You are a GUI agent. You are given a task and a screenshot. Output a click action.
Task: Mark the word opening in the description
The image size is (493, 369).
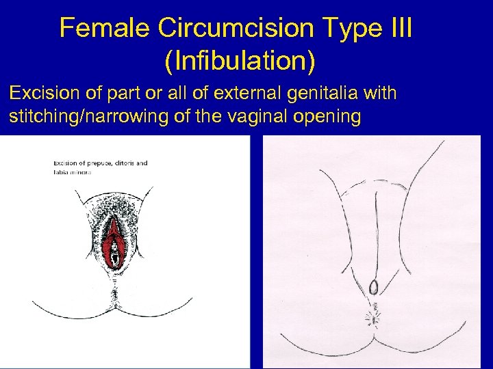[333, 116]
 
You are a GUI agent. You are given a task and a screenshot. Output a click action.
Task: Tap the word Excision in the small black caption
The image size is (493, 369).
[66, 163]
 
